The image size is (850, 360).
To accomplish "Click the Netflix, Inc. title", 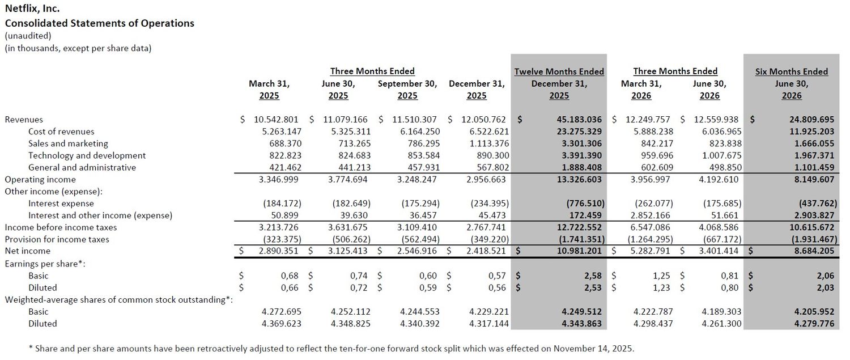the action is (x=32, y=9).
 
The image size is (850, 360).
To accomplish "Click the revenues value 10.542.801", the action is (x=277, y=120).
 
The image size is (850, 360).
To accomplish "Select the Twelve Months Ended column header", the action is (x=559, y=71).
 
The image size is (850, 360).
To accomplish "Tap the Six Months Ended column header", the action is (x=792, y=71).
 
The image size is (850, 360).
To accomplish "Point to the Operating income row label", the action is (x=40, y=180).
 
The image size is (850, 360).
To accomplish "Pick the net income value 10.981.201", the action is (x=579, y=251).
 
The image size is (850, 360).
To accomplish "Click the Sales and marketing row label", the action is (x=69, y=143).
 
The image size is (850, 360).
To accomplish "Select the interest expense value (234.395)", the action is (x=490, y=204).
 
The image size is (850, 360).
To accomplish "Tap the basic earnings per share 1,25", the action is (x=661, y=276).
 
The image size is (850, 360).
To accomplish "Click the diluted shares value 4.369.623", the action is (x=282, y=324).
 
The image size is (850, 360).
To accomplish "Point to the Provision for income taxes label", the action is (x=57, y=239).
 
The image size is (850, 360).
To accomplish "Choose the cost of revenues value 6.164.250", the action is (x=420, y=132).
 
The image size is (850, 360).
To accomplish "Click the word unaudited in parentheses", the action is (x=28, y=36).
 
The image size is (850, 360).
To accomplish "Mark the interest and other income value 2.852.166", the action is (x=651, y=215).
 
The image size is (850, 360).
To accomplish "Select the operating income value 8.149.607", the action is (x=814, y=180).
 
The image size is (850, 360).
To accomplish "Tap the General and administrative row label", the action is (x=82, y=167).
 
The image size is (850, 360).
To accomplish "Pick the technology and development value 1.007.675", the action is (x=721, y=156).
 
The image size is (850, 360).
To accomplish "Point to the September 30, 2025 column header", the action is (x=407, y=90).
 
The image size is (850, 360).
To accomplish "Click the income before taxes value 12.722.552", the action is (x=579, y=227).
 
